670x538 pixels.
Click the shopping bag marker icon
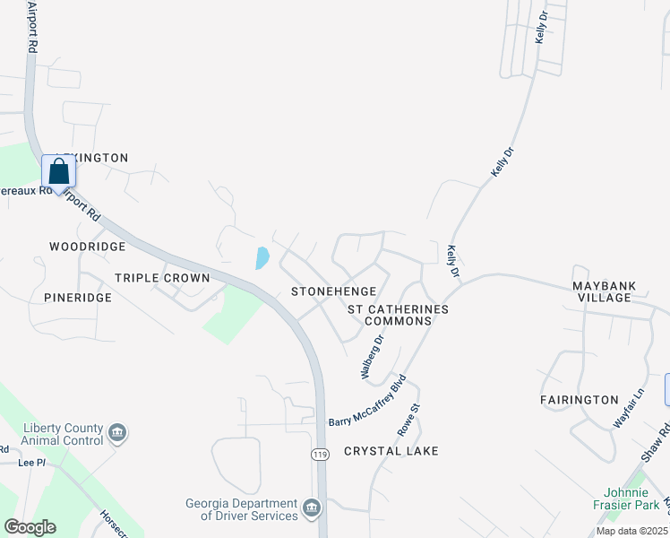(57, 171)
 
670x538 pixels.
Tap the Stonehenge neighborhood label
(325, 292)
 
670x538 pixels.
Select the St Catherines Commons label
(397, 315)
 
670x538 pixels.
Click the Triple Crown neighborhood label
(162, 278)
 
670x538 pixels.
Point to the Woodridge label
(87, 247)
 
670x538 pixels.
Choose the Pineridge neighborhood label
(78, 297)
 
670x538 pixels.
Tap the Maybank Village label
(605, 291)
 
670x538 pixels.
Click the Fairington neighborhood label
(580, 399)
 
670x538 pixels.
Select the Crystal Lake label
(391, 451)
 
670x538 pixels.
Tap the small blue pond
(262, 258)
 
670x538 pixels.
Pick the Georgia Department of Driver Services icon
(312, 508)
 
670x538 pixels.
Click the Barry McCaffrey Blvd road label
(368, 400)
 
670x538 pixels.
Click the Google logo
(30, 527)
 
